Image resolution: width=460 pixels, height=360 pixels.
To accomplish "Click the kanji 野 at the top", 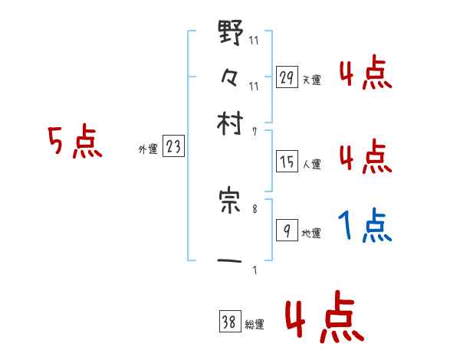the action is (231, 34).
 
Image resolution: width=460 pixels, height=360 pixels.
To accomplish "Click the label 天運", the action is (312, 80).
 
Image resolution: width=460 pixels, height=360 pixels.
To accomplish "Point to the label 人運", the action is (312, 164).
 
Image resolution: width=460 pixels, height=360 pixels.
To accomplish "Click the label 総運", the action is (255, 325).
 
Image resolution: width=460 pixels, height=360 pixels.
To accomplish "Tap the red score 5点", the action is (75, 142).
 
